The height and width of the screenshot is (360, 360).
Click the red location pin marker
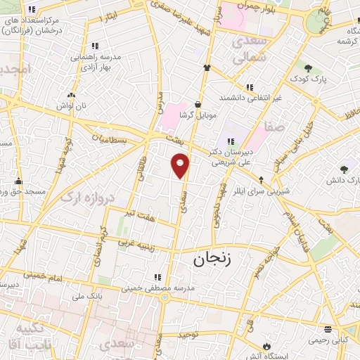(x=181, y=165)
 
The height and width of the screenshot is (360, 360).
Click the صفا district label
(x=274, y=128)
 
